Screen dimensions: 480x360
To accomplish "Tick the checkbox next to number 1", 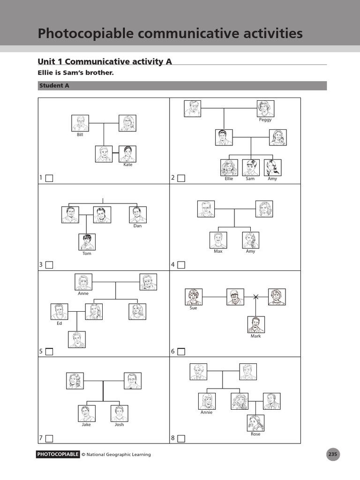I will pos(49,178).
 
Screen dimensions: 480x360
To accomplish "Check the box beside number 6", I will pos(181,352).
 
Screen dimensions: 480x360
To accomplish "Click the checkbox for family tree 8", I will pos(181,439).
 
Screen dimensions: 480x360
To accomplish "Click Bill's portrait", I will pos(80,123).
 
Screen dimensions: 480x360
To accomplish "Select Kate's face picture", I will pos(127,154).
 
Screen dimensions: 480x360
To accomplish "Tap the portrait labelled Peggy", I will pos(265,108).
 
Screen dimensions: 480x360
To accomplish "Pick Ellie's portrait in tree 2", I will pos(229,167).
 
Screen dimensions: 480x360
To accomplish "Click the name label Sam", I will pos(250,179).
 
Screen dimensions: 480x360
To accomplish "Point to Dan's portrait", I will pos(137,214).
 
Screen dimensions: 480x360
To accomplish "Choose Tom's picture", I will pos(87,242).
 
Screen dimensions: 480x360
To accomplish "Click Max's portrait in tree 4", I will pos(218,240).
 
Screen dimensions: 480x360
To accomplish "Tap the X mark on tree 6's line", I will pos(256,297).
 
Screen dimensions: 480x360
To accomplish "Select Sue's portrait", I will pos(194,297).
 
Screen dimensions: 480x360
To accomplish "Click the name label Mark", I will pos(256,336).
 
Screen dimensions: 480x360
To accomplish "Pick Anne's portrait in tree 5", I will pos(83,282).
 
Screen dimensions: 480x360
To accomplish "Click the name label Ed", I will pos(59,323).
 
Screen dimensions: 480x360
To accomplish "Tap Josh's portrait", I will pos(120,413).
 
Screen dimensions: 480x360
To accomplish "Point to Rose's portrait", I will pos(255,423).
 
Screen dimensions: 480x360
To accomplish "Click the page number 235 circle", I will pos(333,454).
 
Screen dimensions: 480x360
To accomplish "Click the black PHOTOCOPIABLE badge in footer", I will pos(58,454).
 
